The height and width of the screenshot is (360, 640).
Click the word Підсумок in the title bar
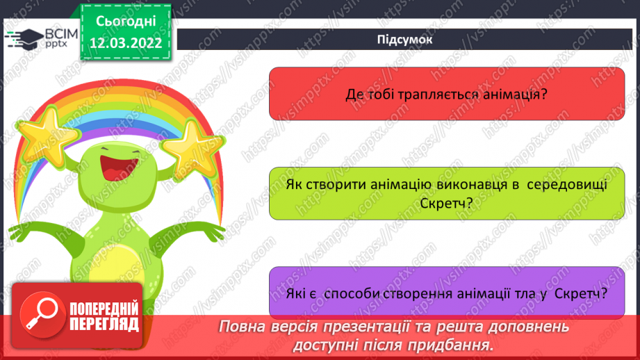[404, 40]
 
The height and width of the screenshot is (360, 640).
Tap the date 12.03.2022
[126, 43]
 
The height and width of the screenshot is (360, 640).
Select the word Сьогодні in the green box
[126, 22]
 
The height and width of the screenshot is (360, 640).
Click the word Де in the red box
[354, 95]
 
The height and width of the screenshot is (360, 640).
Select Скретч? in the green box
[446, 203]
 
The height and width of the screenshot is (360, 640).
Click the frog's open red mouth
[117, 167]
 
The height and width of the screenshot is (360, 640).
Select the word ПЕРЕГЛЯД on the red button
[104, 325]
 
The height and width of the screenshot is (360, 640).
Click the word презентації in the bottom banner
[366, 327]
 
